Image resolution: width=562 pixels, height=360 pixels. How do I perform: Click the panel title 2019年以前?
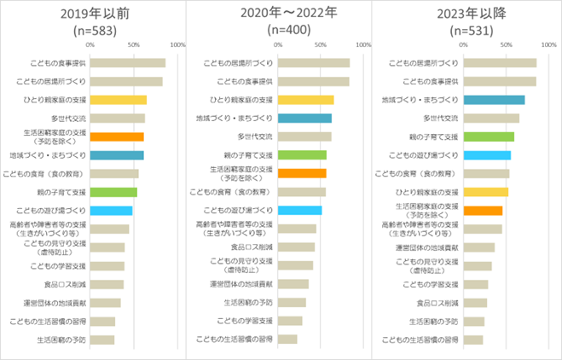click(x=93, y=14)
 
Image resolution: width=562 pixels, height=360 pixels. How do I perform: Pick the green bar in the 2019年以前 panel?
click(x=113, y=192)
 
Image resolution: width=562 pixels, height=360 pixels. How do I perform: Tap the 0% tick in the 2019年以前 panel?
click(x=90, y=44)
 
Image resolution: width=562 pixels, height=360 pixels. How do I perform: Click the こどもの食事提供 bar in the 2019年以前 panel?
click(x=127, y=62)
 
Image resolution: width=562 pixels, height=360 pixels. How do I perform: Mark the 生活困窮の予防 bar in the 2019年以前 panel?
click(x=101, y=340)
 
